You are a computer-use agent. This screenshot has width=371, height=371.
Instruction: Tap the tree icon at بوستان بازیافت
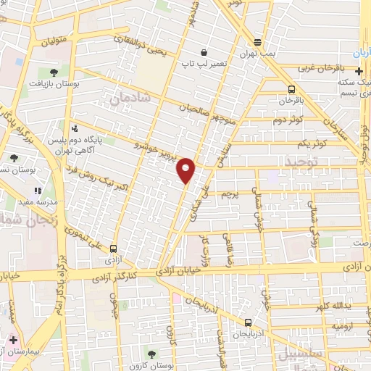pyautogui.click(x=54, y=71)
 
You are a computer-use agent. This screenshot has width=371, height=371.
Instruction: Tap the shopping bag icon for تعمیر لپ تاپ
pyautogui.click(x=205, y=53)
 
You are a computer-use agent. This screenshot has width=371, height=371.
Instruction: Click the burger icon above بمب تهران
pyautogui.click(x=257, y=41)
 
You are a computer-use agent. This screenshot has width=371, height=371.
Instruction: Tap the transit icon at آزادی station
pyautogui.click(x=112, y=248)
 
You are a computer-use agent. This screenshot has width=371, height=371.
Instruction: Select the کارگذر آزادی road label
pyautogui.click(x=119, y=277)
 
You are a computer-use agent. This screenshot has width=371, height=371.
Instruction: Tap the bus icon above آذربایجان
pyautogui.click(x=249, y=322)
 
